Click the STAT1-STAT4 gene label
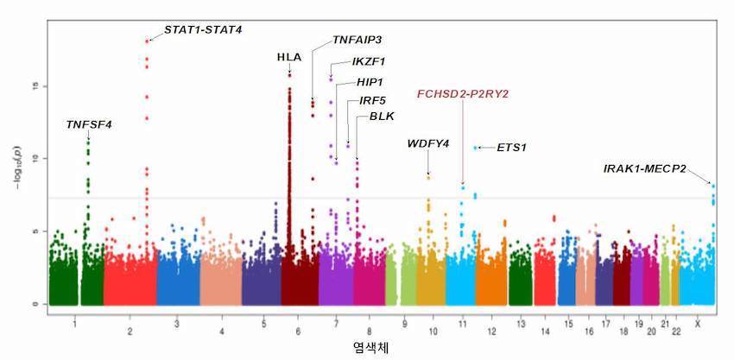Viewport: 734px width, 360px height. point(203,30)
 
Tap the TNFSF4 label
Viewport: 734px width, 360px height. point(89,124)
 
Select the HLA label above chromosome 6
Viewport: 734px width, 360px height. point(289,58)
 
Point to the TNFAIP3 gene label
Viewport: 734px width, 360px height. point(358,40)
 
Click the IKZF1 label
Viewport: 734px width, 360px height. point(369,61)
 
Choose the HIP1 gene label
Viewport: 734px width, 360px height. point(370,82)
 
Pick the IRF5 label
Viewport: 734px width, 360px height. point(372,100)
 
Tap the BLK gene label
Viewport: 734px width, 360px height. point(382,117)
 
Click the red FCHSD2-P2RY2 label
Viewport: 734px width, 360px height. point(463,94)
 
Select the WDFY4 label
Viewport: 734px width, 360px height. point(428,143)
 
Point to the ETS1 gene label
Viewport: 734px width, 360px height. point(512,148)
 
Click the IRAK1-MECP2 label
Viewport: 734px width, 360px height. point(644,168)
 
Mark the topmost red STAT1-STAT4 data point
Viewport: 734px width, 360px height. point(147,41)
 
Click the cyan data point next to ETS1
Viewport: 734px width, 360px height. point(476,148)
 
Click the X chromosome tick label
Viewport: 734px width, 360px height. point(698,324)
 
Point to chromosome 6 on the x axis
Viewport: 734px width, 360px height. point(298,331)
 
